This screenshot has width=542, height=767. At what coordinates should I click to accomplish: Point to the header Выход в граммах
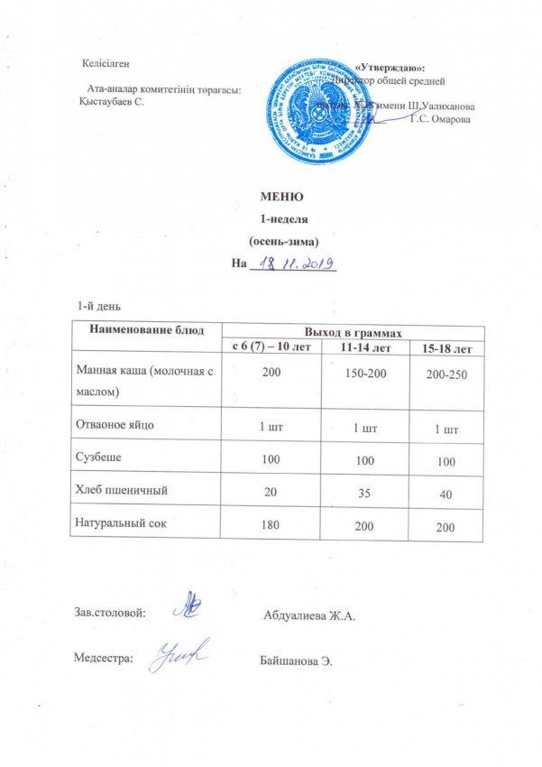click(354, 333)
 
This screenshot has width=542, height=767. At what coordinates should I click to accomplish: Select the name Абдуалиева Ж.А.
click(311, 617)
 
